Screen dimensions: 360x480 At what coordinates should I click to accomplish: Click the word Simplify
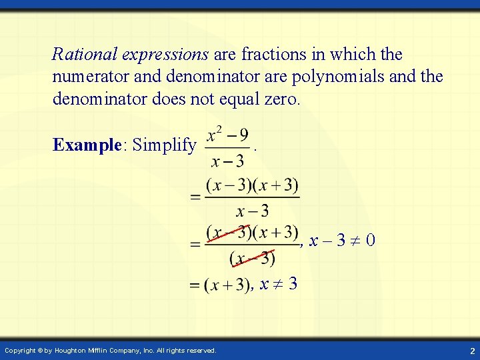pos(165,145)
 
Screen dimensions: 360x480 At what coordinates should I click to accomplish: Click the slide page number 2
pos(471,350)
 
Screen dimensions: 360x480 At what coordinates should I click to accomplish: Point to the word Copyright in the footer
pos(19,350)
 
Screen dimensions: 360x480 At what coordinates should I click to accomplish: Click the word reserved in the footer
pos(199,350)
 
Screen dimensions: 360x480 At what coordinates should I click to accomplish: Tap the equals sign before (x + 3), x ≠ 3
pos(195,285)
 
